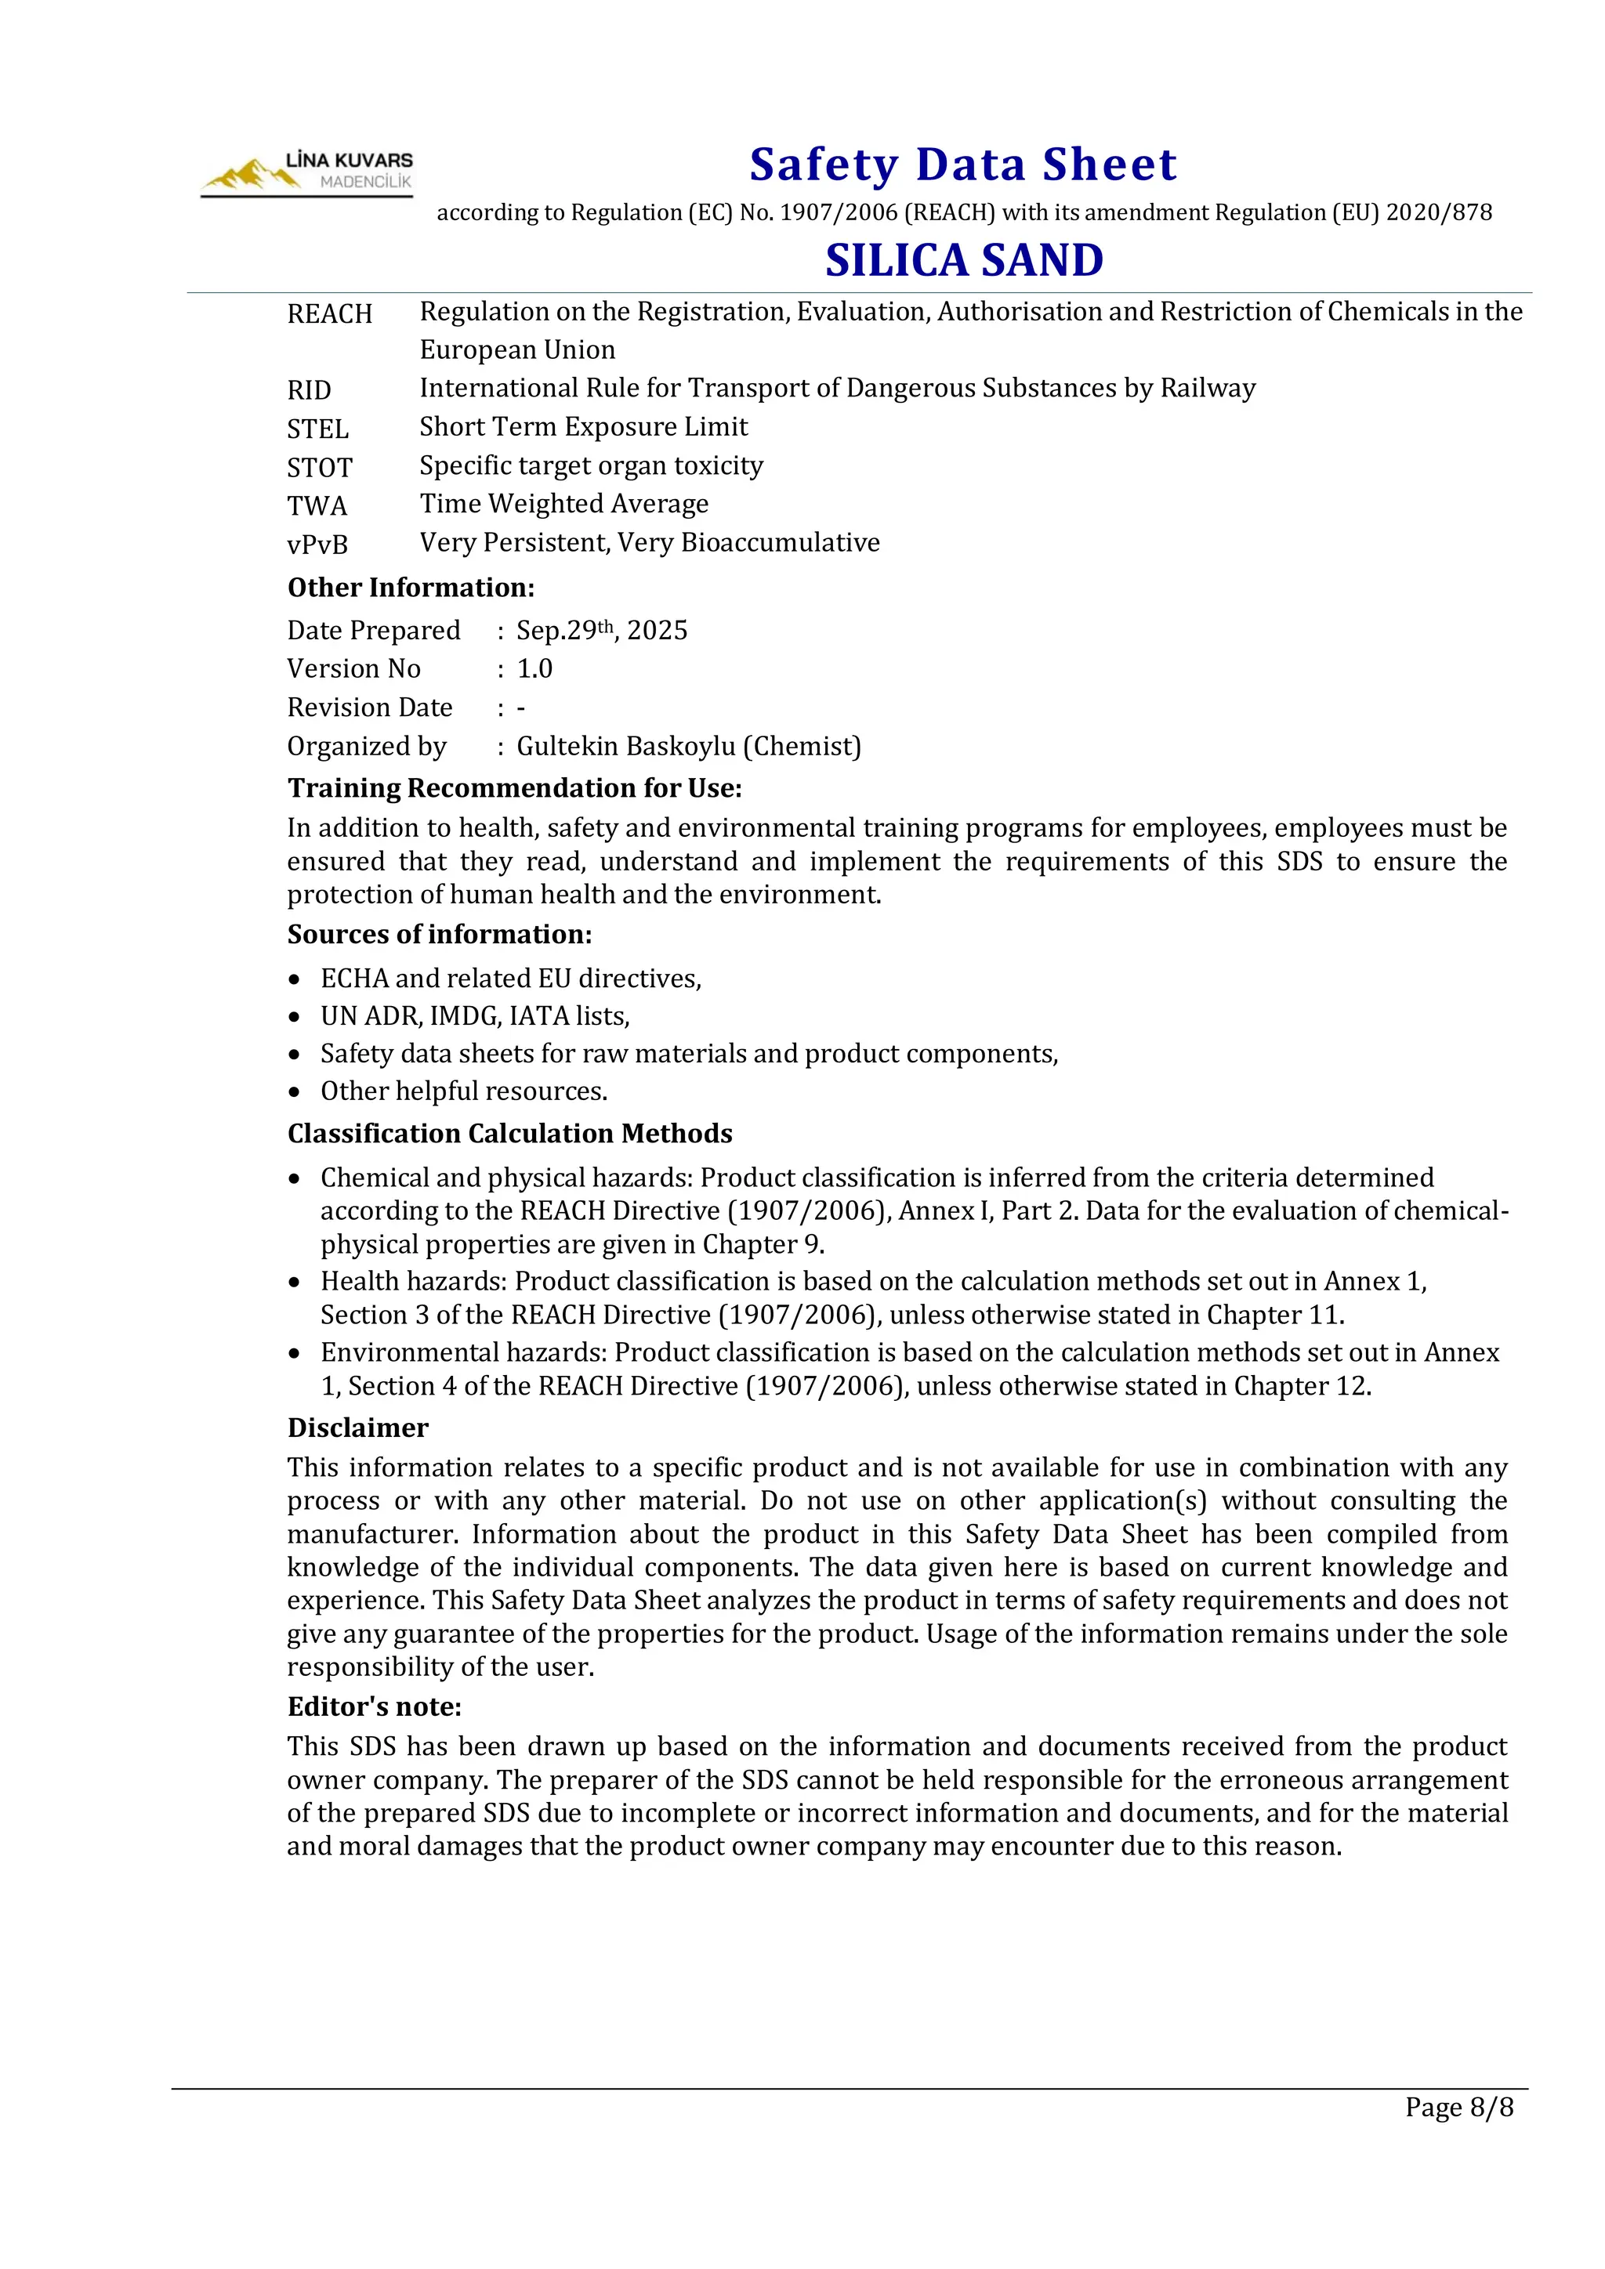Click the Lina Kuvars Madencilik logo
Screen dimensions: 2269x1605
pyautogui.click(x=306, y=174)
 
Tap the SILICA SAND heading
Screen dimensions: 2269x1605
pyautogui.click(x=964, y=260)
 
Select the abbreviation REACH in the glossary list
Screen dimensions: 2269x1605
pyautogui.click(x=329, y=314)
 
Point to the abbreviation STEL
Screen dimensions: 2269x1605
pyautogui.click(x=317, y=429)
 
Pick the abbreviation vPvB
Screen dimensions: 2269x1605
pyautogui.click(x=317, y=545)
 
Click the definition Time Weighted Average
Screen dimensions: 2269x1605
pyautogui.click(x=563, y=504)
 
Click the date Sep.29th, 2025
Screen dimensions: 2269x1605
pyautogui.click(x=601, y=631)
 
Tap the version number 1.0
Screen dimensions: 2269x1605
pyautogui.click(x=534, y=669)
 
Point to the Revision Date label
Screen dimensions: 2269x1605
pyautogui.click(x=370, y=707)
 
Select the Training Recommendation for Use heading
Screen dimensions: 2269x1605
pyautogui.click(x=514, y=789)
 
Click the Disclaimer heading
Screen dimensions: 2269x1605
pyautogui.click(x=358, y=1428)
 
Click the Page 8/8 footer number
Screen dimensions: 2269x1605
pyautogui.click(x=1458, y=2107)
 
